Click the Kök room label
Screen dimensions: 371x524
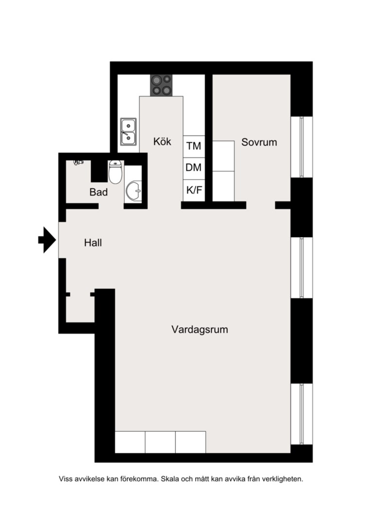coord(162,141)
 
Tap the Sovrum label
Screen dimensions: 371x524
coord(259,142)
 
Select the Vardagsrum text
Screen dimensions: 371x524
coord(200,329)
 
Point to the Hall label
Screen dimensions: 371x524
coord(93,243)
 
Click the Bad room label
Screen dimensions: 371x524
coord(99,192)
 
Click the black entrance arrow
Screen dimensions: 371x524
coord(47,240)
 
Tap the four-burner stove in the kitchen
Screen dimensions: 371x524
coord(161,85)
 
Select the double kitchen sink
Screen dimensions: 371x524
coord(129,131)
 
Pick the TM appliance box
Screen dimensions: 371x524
coord(194,147)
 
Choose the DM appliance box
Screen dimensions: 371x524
coord(194,168)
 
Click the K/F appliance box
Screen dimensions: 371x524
coord(194,191)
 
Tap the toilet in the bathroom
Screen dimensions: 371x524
coord(116,172)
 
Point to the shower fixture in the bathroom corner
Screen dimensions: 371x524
coord(78,163)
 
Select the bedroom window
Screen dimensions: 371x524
coord(302,147)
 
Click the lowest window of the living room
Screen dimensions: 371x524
coord(302,414)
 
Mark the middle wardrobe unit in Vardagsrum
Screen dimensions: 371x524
coord(160,442)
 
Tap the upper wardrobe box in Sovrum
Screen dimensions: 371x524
coord(223,156)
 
